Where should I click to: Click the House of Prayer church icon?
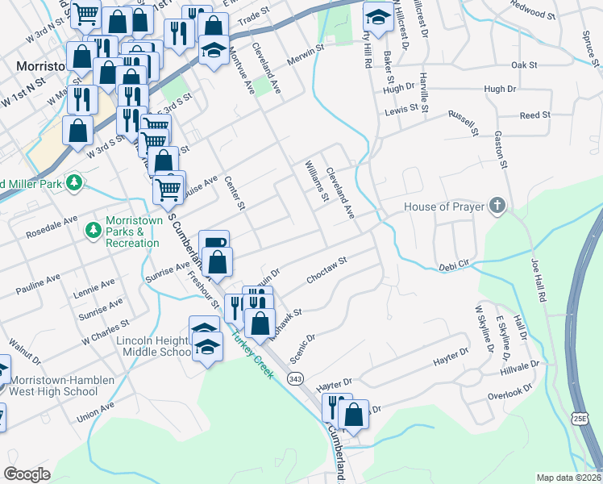click(x=497, y=207)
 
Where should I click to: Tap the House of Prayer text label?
click(x=444, y=207)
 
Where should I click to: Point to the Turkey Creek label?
click(x=252, y=354)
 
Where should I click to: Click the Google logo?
click(x=27, y=474)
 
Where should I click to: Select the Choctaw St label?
click(x=326, y=272)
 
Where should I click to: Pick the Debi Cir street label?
click(x=453, y=266)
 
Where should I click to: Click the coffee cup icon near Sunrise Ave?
click(x=214, y=242)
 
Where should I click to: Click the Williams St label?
click(x=316, y=181)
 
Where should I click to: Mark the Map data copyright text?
click(x=569, y=478)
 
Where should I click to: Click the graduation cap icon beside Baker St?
click(x=376, y=15)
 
